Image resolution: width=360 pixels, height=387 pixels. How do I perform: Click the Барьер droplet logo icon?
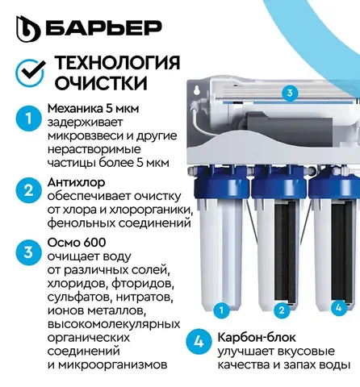(28, 29)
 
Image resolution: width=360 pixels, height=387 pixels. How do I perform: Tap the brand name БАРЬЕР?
(103, 27)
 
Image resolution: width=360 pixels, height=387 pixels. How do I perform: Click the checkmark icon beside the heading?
(31, 72)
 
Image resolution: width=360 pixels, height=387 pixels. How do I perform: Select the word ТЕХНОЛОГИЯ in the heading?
(117, 63)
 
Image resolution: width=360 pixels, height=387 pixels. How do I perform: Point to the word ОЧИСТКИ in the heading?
(101, 83)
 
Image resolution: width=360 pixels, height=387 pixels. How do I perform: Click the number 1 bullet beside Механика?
(28, 119)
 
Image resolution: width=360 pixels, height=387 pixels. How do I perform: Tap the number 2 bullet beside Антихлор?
(28, 190)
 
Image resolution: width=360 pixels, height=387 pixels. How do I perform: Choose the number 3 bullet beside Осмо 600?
(28, 252)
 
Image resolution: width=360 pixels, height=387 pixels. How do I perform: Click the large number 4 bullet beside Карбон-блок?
(199, 342)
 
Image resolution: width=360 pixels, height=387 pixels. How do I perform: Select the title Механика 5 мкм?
(93, 109)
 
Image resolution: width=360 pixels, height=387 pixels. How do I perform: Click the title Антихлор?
(76, 182)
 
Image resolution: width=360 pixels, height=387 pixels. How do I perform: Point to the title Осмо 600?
(77, 243)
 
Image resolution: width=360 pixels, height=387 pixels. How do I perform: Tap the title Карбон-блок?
(257, 337)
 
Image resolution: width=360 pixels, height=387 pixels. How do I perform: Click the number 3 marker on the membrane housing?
(290, 93)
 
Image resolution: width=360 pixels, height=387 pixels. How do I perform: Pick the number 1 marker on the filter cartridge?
(221, 310)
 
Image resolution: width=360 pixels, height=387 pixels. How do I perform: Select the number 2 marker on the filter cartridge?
(282, 310)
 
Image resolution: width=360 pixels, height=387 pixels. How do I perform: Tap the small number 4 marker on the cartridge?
(338, 307)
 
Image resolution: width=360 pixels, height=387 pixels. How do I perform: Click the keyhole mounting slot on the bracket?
(198, 90)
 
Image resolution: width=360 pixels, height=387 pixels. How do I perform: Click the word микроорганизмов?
(112, 365)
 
